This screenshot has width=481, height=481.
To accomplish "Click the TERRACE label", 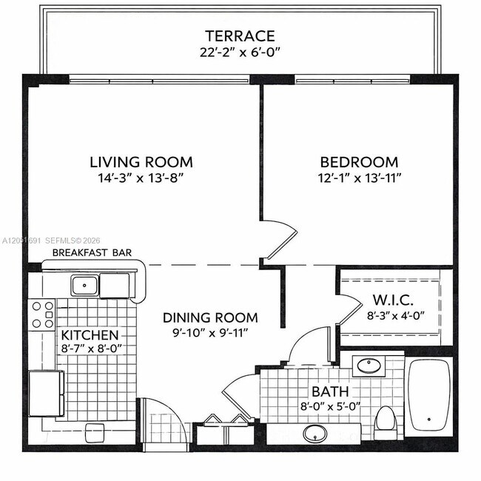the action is (240, 36).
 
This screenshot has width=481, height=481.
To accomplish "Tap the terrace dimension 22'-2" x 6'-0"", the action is (240, 53).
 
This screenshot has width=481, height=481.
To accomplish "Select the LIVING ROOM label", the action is (141, 162).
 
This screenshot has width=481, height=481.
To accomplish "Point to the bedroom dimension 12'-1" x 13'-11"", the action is (360, 178).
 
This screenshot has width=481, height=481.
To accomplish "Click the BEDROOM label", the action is (359, 162).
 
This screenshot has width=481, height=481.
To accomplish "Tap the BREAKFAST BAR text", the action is (92, 252).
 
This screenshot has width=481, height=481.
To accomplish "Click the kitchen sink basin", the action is (84, 286).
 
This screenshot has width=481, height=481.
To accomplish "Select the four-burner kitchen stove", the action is (42, 314).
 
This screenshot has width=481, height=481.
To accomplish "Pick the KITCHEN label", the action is (90, 335).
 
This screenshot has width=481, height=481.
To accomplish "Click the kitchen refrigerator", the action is (47, 394).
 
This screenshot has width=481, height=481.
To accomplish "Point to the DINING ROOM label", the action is (210, 317).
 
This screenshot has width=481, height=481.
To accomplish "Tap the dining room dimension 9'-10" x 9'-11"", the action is (210, 333).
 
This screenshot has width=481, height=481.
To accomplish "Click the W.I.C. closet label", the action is (393, 300).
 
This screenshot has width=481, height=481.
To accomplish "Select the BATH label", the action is (330, 391).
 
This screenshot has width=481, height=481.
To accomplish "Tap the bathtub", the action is (429, 397).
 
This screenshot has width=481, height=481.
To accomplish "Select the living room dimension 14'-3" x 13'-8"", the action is (141, 178).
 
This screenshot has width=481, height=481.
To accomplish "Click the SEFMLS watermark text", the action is (73, 240).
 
